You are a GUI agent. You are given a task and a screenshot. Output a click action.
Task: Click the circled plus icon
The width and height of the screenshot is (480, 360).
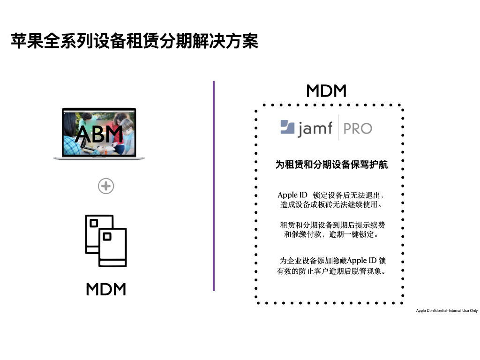coord(106,187)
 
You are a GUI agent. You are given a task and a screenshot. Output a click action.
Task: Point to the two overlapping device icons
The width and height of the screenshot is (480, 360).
coord(106,240)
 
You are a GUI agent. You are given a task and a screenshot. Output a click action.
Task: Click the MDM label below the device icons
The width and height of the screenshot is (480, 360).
coord(106,289)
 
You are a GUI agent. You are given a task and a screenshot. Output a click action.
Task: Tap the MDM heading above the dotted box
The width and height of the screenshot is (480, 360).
coord(326,91)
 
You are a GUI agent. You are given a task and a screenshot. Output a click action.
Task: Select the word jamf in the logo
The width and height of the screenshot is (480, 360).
coord(315,128)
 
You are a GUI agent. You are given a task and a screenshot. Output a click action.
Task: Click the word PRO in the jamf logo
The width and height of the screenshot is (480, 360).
coord(358,128)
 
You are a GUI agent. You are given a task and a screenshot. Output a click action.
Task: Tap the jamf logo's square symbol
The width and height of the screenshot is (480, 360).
coord(287,127)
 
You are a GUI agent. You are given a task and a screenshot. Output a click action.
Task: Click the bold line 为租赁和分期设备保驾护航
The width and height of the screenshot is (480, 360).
coord(331,165)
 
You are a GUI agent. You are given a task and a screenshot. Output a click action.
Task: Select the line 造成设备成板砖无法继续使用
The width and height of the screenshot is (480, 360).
coord(331,205)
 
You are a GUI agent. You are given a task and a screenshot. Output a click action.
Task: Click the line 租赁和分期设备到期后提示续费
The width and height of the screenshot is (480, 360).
coord(332,225)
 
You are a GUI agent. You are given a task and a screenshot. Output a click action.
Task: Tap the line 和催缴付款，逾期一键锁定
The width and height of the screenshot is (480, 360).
coord(331,234)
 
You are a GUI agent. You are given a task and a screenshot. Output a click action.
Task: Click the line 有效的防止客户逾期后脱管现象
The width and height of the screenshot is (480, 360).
coord(331,271)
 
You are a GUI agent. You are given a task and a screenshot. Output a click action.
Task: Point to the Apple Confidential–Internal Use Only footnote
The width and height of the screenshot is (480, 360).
coord(447,310)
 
